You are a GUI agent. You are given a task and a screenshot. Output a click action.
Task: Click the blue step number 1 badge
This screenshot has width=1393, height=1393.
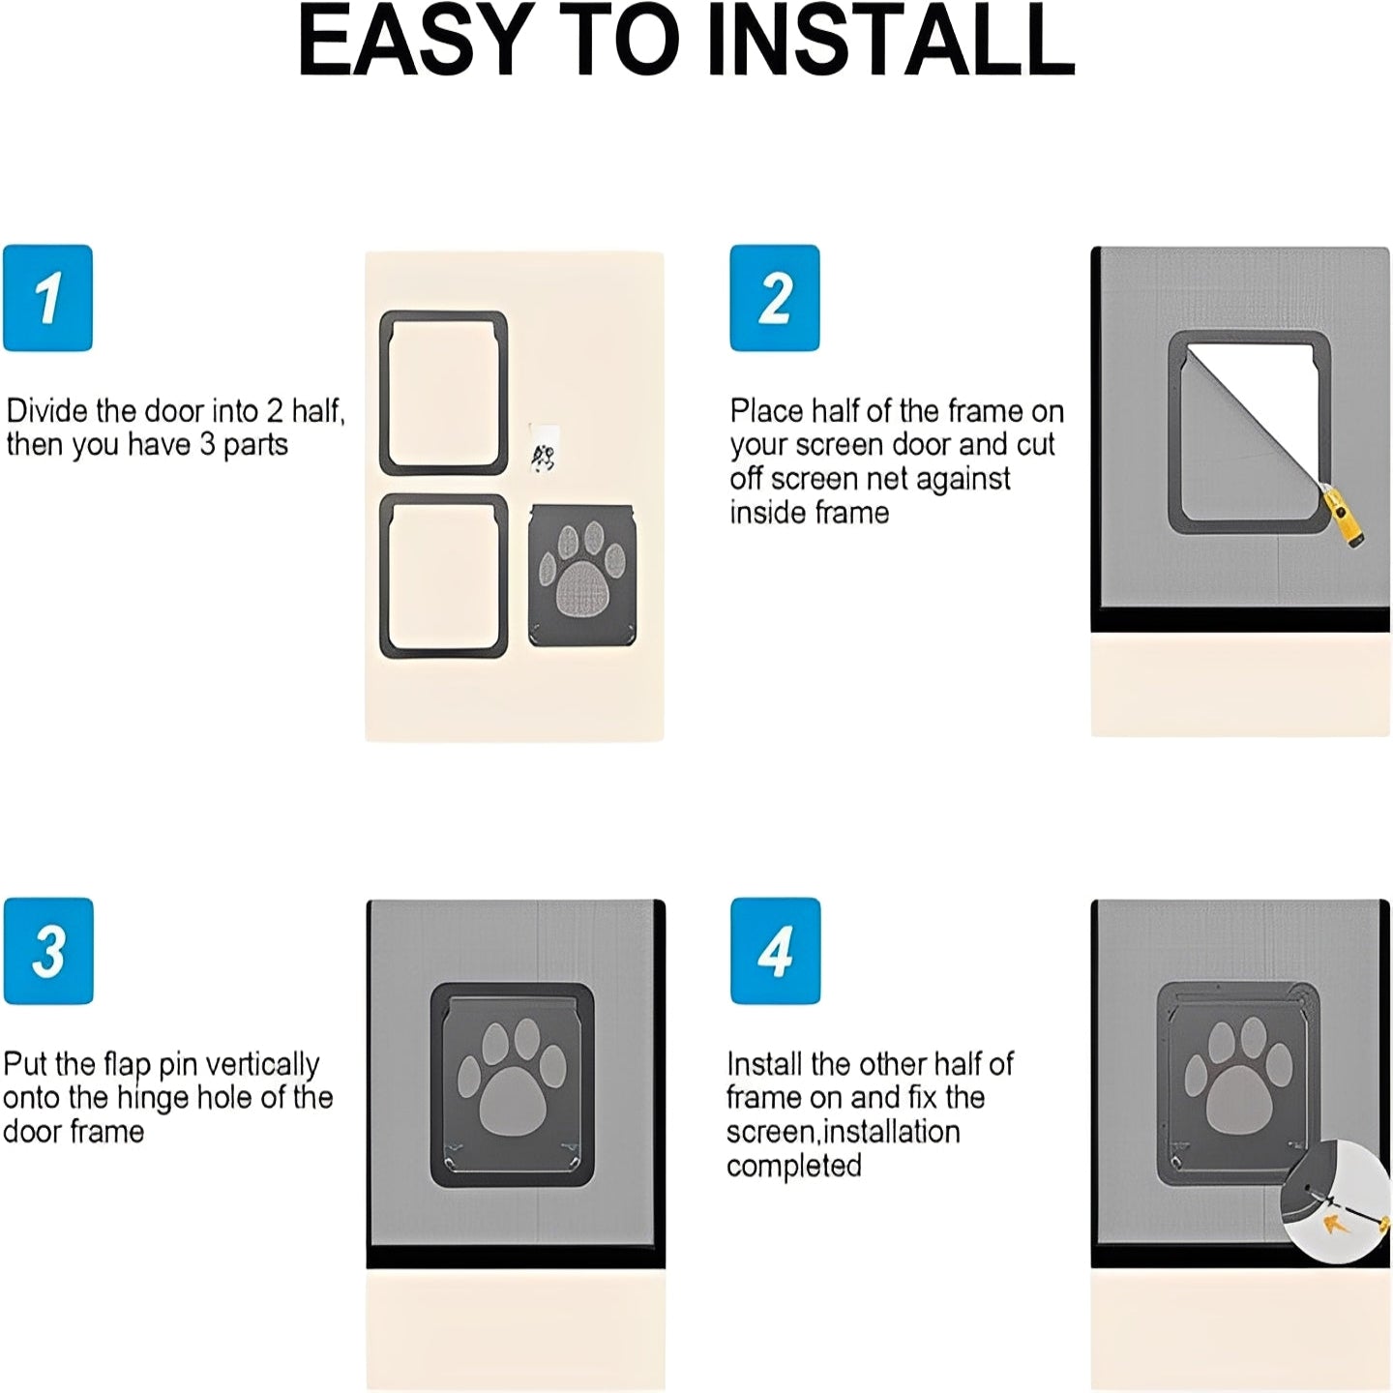coord(47,298)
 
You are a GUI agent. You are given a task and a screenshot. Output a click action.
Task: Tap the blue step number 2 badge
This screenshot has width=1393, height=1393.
coord(774,298)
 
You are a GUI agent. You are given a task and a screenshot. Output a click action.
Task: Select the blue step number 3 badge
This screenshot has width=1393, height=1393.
coord(48,951)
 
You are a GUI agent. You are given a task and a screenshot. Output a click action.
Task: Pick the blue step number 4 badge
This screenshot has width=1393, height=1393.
coord(775,951)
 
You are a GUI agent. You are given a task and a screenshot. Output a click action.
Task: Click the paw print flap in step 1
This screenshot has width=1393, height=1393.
coord(581,576)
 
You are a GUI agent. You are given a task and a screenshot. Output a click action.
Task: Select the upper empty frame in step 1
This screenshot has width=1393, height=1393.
coord(443,393)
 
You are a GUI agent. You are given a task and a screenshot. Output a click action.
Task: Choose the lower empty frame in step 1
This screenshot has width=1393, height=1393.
coord(443,577)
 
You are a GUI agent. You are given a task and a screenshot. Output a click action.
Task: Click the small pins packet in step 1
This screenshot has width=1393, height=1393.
coord(544,449)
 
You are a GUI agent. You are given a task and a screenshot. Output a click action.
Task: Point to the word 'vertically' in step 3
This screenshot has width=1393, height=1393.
coord(263,1065)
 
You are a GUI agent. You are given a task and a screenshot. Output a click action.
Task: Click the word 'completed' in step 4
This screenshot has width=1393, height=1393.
coord(793,1167)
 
